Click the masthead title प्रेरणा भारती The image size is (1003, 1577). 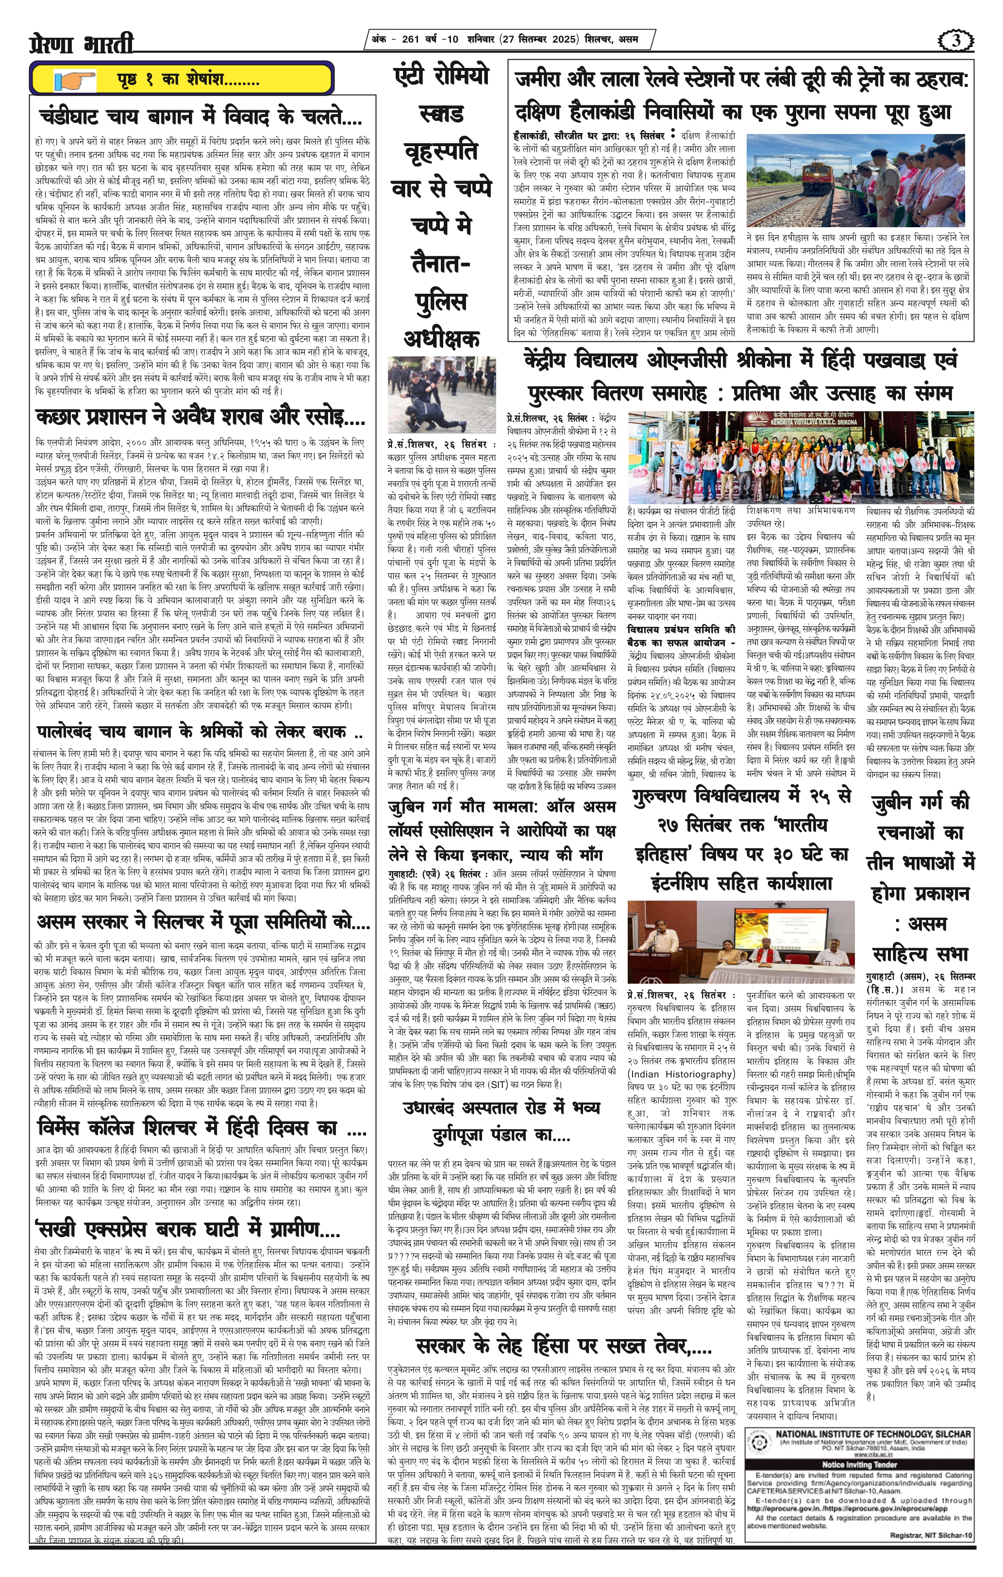(x=82, y=44)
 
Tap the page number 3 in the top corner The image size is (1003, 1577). (x=955, y=41)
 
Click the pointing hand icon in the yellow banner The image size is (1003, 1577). (x=75, y=81)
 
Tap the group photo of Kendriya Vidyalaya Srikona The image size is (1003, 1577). (x=800, y=458)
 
